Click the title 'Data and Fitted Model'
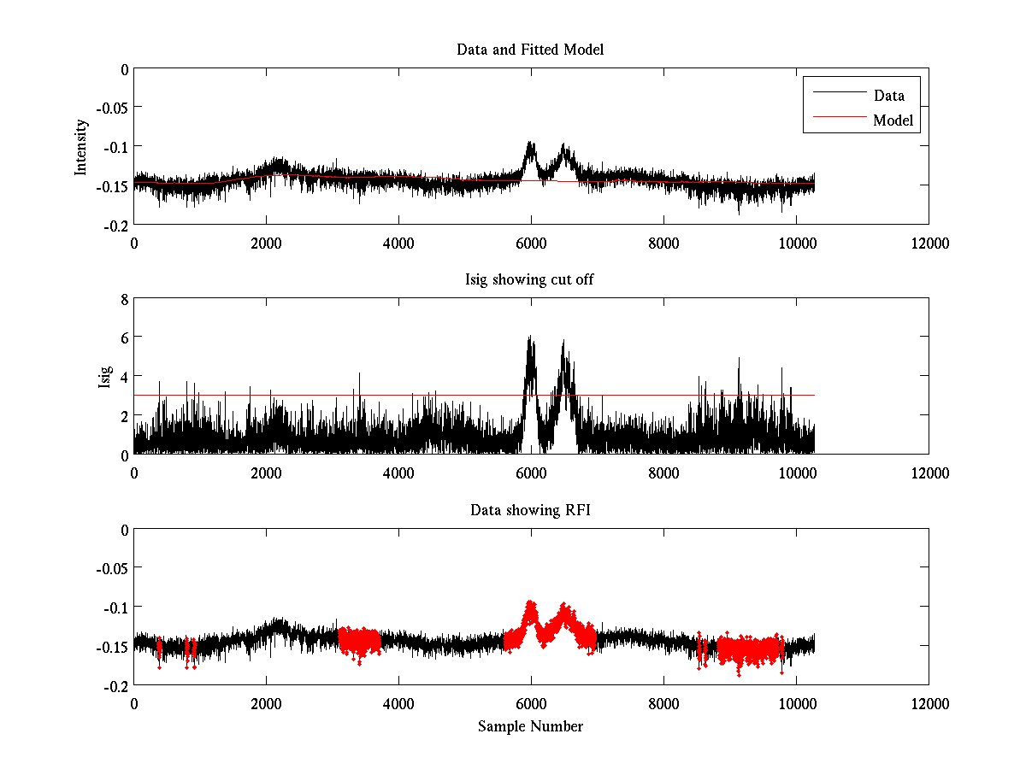(x=530, y=50)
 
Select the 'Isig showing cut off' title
(x=530, y=279)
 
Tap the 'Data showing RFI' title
(x=530, y=510)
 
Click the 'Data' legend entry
(x=888, y=96)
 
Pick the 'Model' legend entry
(x=893, y=120)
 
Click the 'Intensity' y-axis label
(x=81, y=146)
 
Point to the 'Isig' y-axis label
(x=105, y=377)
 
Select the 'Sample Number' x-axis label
(x=530, y=726)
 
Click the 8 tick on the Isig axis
(x=124, y=299)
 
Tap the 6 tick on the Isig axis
(x=124, y=338)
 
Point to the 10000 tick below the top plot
(x=796, y=243)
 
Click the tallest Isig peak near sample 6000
(x=530, y=339)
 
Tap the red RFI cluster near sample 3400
(x=359, y=641)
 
